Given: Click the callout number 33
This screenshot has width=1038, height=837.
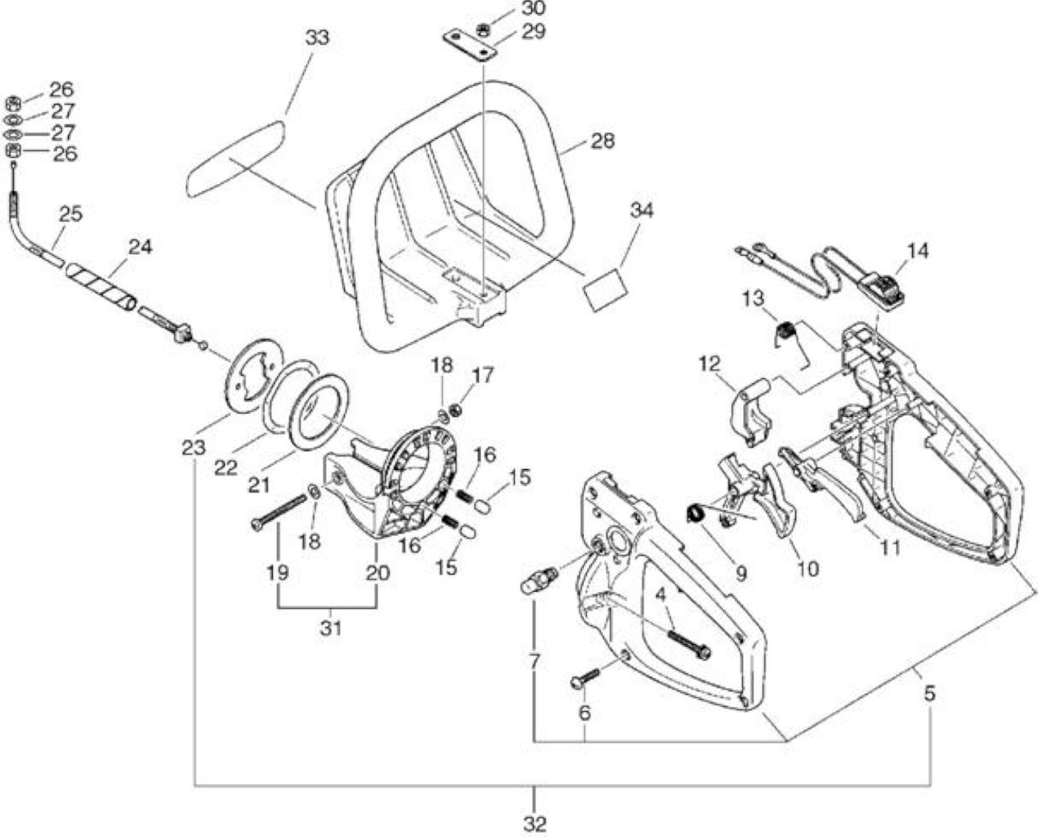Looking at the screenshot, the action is point(317,38).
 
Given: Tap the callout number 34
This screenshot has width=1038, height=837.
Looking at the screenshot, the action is point(642,210).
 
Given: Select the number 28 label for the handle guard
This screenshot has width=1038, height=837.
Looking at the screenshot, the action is point(602,141).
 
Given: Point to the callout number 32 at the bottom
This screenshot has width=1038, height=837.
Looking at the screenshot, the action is point(534,823).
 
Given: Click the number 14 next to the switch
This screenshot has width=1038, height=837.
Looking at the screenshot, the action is point(917,251).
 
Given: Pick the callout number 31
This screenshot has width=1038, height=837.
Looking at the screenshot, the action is point(330,628).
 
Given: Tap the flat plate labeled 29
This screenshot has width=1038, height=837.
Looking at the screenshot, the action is point(470,47).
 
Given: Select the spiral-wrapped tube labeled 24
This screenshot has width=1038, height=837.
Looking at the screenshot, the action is point(101,287).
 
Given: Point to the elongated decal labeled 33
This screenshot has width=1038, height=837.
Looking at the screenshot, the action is point(236,159).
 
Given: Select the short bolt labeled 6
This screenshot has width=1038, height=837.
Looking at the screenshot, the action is point(584,677).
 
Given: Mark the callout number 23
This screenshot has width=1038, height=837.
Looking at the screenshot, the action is point(194,448).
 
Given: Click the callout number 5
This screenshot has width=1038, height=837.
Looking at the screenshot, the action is point(929,693).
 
